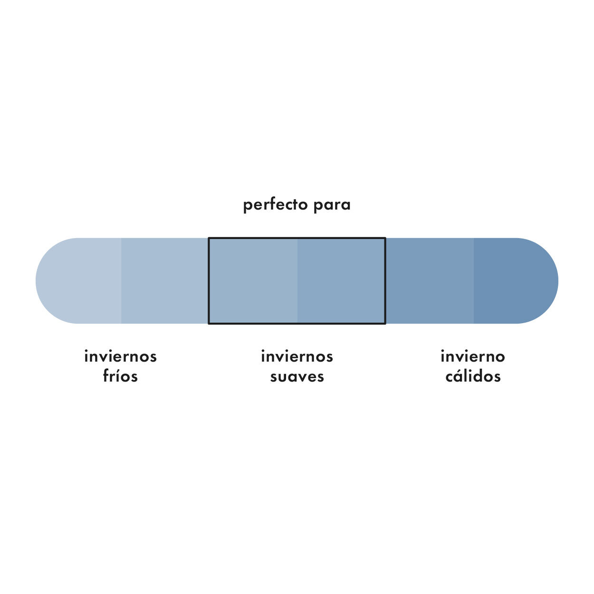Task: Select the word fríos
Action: [x=120, y=376]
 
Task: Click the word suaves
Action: [x=297, y=377]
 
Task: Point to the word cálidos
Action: [x=473, y=376]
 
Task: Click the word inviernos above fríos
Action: [x=121, y=356]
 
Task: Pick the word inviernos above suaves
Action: [x=297, y=356]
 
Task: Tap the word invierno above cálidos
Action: [x=473, y=356]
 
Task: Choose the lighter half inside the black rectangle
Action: [x=253, y=281]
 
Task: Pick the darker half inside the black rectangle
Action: [x=341, y=281]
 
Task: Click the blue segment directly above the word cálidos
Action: [x=430, y=281]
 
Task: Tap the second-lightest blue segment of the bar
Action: [x=164, y=281]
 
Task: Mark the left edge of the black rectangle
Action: [x=209, y=281]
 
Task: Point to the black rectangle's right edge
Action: [x=385, y=281]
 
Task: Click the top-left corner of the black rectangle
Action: [x=209, y=238]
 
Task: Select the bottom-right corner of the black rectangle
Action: [x=385, y=324]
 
